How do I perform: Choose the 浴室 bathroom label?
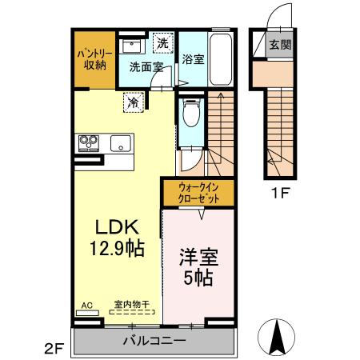[193, 59]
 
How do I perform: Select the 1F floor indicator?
[278, 192]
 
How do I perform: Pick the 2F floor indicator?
[53, 348]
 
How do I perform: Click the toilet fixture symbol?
[190, 114]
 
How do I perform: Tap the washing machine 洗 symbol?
[162, 42]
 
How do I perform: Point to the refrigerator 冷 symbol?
[134, 102]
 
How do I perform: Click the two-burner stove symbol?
[87, 143]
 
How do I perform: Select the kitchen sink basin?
[121, 144]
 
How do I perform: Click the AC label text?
[87, 305]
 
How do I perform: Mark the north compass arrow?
[277, 337]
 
